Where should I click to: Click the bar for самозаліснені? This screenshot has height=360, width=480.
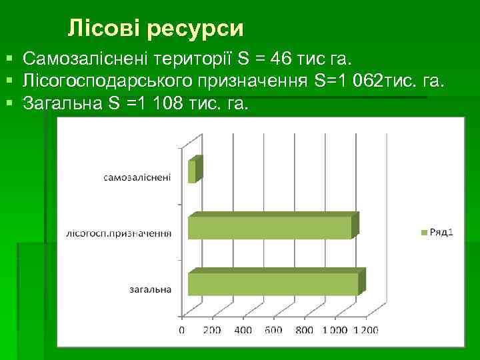[193, 171]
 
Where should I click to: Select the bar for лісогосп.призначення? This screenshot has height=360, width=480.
[270, 227]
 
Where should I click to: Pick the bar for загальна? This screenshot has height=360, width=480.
[273, 283]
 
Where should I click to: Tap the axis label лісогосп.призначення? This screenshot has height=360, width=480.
[119, 233]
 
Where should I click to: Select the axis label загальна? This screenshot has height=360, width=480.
[150, 289]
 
